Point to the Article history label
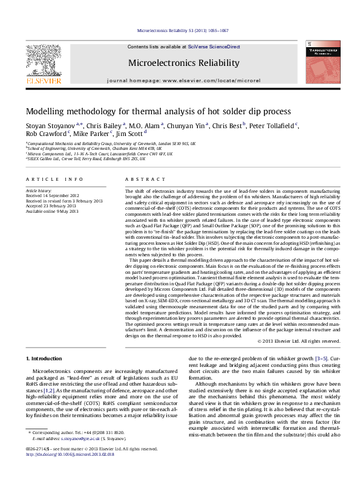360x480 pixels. pos(38,190)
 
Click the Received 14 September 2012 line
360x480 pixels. pos(54,195)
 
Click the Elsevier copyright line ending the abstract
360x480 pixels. pos(307,342)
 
